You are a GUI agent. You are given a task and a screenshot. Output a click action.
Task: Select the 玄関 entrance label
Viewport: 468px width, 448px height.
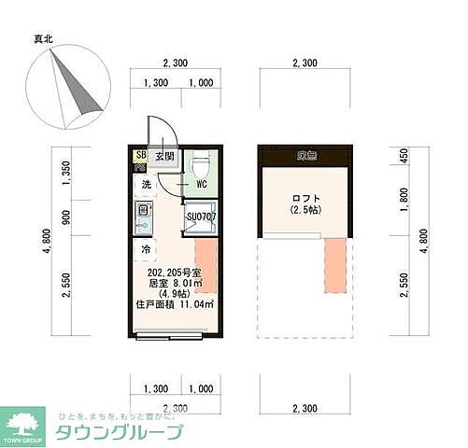click(x=164, y=157)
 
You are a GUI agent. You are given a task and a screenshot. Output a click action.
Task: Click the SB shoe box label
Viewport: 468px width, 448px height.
click(x=142, y=156)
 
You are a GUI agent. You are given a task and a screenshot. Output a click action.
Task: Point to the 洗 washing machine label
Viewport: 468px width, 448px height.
click(x=147, y=185)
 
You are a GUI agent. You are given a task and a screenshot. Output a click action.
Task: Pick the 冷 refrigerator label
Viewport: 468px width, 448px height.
click(x=147, y=250)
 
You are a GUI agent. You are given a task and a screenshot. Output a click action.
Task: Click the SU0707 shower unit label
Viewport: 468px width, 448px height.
click(x=201, y=217)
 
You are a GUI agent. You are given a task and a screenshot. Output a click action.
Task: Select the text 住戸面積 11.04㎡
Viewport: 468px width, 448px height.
click(x=175, y=304)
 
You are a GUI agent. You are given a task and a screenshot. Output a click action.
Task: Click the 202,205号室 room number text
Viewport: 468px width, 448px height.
click(x=175, y=273)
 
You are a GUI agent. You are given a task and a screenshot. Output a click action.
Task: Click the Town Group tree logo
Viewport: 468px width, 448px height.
click(x=23, y=423)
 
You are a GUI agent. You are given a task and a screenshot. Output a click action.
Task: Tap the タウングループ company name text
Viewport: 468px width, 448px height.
click(x=133, y=433)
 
